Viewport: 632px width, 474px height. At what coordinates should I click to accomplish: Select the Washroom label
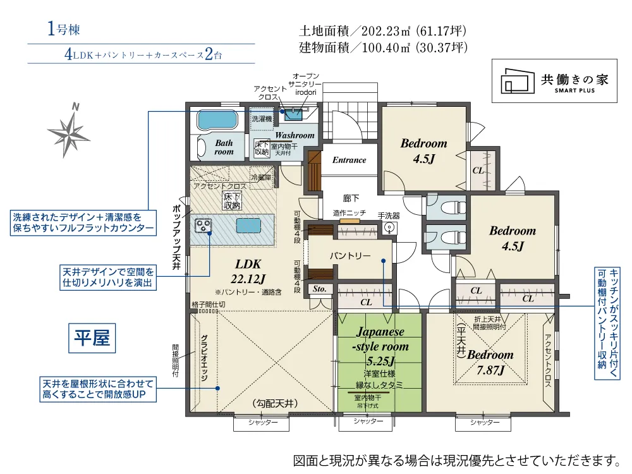pyautogui.click(x=294, y=135)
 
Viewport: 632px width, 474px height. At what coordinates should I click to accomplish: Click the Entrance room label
pyautogui.click(x=349, y=160)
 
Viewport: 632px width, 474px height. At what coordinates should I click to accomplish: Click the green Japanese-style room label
pyautogui.click(x=379, y=346)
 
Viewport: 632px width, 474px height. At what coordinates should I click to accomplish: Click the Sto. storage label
pyautogui.click(x=319, y=289)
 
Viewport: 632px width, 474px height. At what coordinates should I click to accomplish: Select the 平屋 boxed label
pyautogui.click(x=92, y=338)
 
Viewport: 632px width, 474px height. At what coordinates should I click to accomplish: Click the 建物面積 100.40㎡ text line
pyautogui.click(x=383, y=47)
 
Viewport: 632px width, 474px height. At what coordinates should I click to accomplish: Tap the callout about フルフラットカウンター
pyautogui.click(x=83, y=222)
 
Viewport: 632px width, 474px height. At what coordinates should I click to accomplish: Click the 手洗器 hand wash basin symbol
pyautogui.click(x=389, y=226)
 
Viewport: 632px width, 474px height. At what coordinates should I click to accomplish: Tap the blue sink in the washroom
pyautogui.click(x=293, y=114)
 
